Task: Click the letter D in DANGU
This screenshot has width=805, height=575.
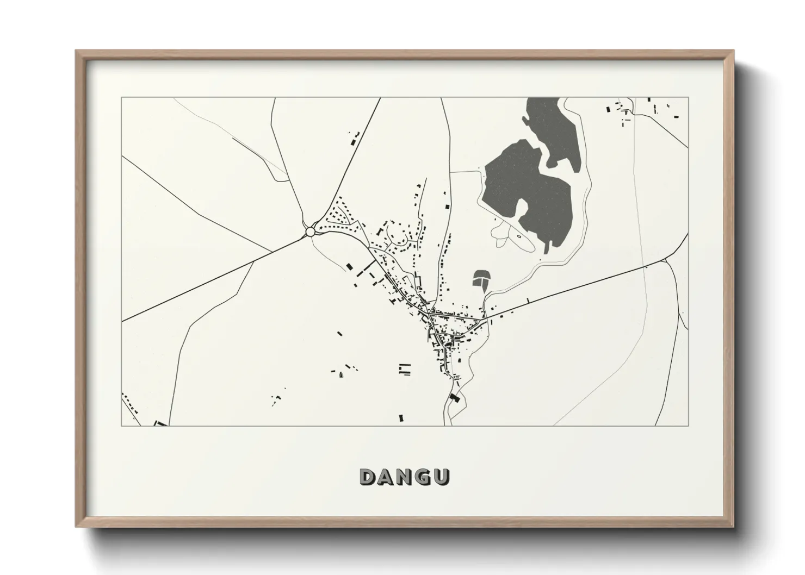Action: (x=368, y=477)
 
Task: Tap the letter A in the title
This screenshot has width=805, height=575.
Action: (x=387, y=477)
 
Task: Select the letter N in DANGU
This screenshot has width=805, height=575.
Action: (x=405, y=477)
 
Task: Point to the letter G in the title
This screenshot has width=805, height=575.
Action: (x=423, y=477)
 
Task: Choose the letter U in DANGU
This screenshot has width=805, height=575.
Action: (x=441, y=477)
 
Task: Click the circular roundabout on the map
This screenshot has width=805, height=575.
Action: (x=310, y=232)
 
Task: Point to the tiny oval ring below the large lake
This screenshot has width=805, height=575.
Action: (x=518, y=236)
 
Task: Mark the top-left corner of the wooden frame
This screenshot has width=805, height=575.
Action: (x=77, y=52)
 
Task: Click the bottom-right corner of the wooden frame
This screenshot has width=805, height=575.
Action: (x=733, y=527)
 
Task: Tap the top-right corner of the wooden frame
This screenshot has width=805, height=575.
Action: (x=733, y=52)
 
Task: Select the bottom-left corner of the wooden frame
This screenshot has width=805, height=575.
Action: (x=77, y=527)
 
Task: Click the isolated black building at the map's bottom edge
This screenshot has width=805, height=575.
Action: (x=401, y=418)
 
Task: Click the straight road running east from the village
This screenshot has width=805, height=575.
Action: (x=577, y=288)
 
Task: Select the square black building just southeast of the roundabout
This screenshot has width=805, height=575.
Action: (x=349, y=266)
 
